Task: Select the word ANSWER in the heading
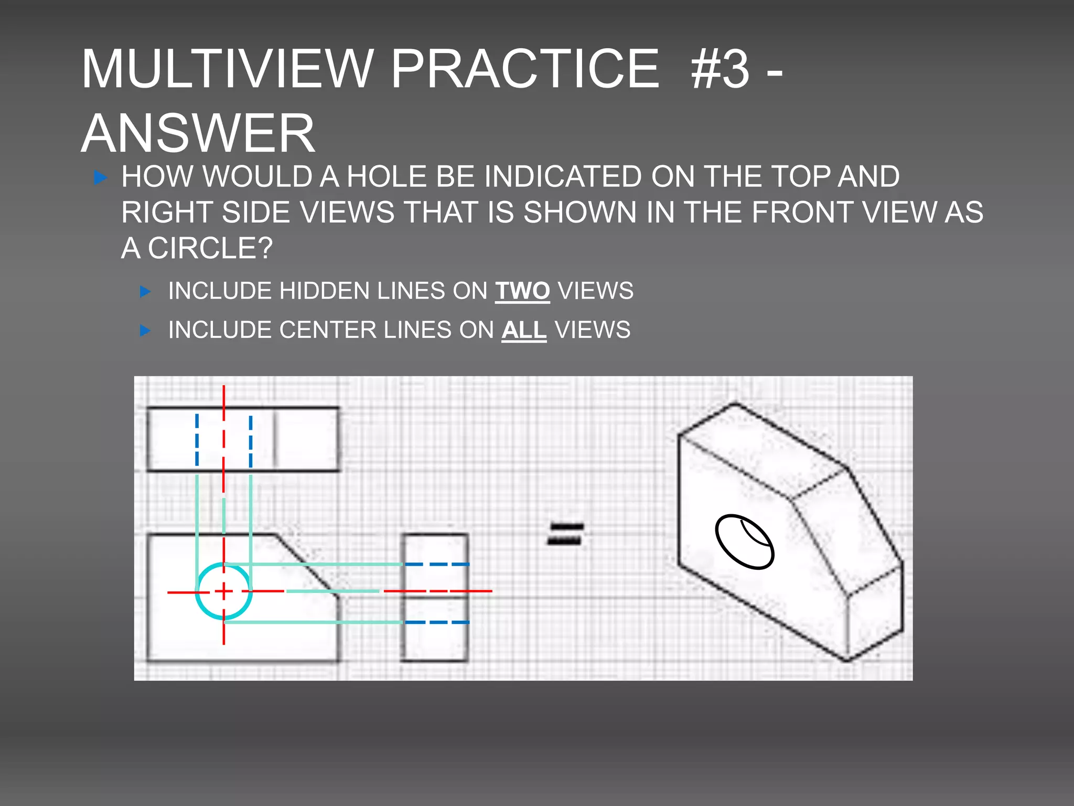(x=198, y=133)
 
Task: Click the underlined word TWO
(x=522, y=291)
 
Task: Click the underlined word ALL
(x=524, y=330)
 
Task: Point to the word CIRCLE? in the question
(x=210, y=248)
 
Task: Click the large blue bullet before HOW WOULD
(x=100, y=177)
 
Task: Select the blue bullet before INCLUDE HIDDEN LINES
(x=145, y=292)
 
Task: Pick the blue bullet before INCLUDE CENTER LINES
(x=145, y=331)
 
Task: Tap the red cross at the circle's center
(x=224, y=591)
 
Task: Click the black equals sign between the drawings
(x=565, y=533)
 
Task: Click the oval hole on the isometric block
(x=744, y=542)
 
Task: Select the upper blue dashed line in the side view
(x=436, y=564)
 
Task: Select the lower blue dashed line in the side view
(x=436, y=622)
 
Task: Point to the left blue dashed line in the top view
(x=197, y=440)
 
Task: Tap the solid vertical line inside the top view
(x=274, y=439)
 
